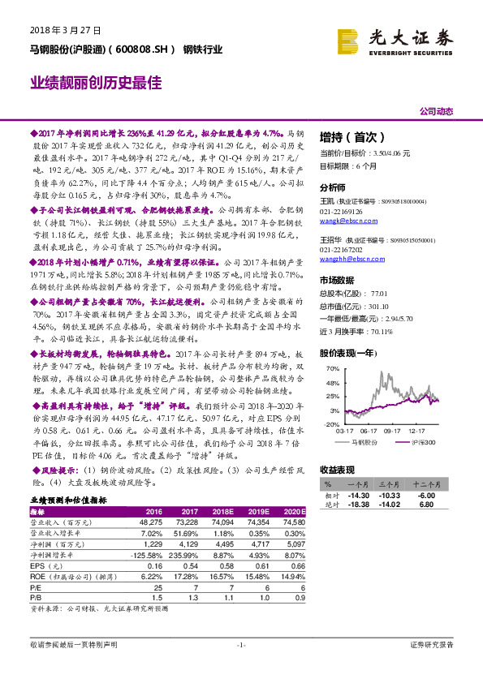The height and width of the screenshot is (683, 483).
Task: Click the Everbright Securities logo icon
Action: tap(348, 39)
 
